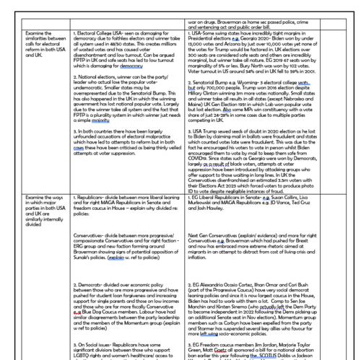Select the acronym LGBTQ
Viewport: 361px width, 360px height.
87,353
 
